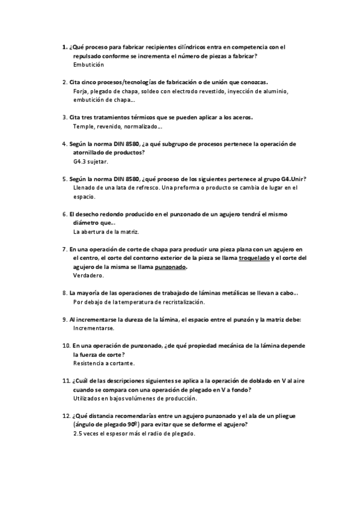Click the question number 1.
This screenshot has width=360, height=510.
64,46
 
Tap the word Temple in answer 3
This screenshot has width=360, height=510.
84,126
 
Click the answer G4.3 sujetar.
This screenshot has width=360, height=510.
90,162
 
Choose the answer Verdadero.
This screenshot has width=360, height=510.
88,275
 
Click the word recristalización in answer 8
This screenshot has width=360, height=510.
182,302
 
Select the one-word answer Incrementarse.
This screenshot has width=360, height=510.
93,328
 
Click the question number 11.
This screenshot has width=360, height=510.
66,381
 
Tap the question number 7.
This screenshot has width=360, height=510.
64,249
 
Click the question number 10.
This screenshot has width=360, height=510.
66,346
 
